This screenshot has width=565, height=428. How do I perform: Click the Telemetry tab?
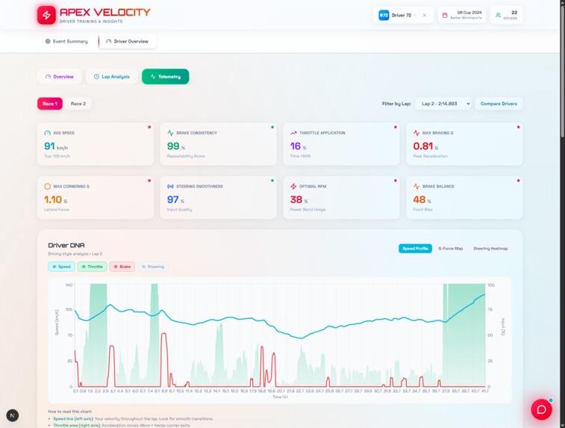[x=166, y=76]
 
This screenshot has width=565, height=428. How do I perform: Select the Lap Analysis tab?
[x=111, y=76]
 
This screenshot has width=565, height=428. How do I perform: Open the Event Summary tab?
[x=67, y=41]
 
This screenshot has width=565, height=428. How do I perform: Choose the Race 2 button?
[x=78, y=104]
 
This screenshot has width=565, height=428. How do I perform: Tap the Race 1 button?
[x=50, y=104]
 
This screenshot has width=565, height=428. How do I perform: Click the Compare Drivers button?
[x=499, y=104]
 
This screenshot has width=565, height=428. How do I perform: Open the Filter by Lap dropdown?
[x=444, y=104]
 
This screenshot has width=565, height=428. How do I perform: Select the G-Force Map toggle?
[x=450, y=248]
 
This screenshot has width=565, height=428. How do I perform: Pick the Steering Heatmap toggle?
[x=490, y=248]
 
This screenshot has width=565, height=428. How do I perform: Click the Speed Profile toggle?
[x=415, y=248]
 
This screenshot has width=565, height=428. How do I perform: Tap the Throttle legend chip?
[x=93, y=266]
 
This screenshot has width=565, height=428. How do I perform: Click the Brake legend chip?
[x=122, y=266]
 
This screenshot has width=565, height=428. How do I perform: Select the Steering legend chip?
[x=153, y=266]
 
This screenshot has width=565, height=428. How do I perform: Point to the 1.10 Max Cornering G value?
[x=53, y=199]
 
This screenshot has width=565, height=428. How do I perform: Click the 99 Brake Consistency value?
[x=173, y=146]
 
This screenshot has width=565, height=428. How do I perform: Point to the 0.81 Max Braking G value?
[x=423, y=146]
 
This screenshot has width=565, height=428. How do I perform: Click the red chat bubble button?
[x=541, y=409]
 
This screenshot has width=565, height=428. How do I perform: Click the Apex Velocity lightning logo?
[x=46, y=15]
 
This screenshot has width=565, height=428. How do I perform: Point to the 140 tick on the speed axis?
[x=68, y=285]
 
